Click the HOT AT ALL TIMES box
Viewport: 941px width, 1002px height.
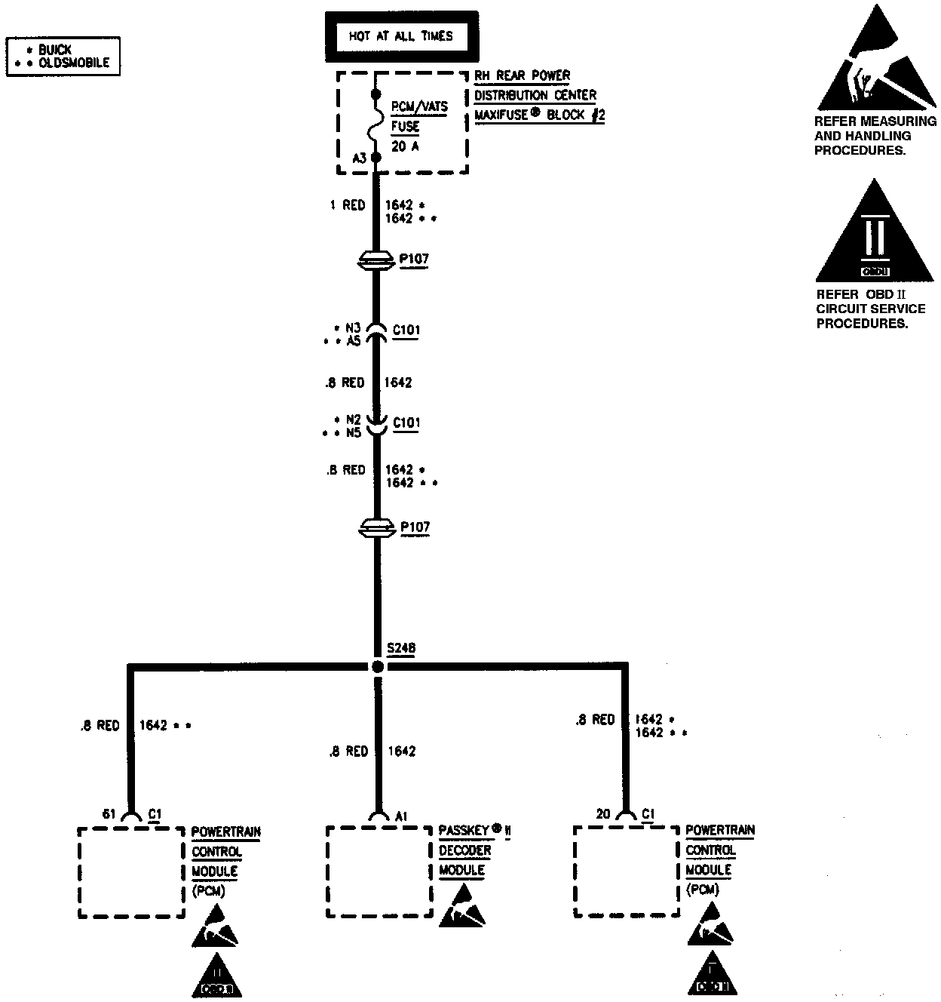(x=400, y=36)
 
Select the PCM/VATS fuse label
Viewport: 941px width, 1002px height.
(x=419, y=107)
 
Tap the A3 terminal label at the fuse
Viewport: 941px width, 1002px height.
(x=360, y=158)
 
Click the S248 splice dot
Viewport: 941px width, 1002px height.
(x=377, y=666)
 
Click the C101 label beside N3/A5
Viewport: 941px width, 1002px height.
(x=406, y=330)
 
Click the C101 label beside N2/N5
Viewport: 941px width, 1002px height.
(x=406, y=423)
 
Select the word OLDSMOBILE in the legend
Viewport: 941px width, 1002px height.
(x=74, y=63)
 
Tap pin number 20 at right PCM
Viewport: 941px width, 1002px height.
(x=603, y=814)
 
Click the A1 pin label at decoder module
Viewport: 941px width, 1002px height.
(x=402, y=816)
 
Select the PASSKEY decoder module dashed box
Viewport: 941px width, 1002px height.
(x=379, y=871)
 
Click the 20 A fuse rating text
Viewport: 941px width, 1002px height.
(x=405, y=146)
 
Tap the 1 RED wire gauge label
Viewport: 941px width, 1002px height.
(x=347, y=205)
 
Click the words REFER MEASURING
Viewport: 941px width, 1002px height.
(x=875, y=121)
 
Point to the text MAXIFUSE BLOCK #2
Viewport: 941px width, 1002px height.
(x=539, y=116)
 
